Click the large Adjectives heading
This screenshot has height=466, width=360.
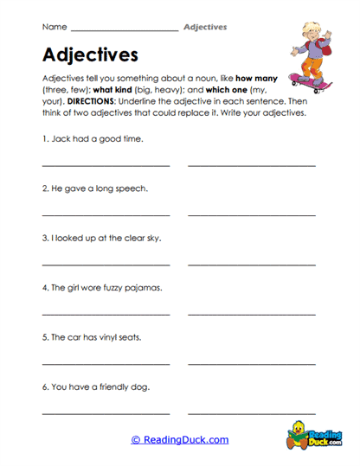click(90, 55)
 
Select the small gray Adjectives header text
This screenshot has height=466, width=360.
click(205, 27)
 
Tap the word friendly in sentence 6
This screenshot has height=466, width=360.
click(115, 386)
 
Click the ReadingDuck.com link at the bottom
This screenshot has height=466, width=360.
click(179, 439)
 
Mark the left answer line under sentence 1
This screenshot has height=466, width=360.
click(106, 164)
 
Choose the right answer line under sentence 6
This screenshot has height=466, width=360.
click(252, 412)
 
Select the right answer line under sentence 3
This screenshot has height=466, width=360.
click(252, 264)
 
